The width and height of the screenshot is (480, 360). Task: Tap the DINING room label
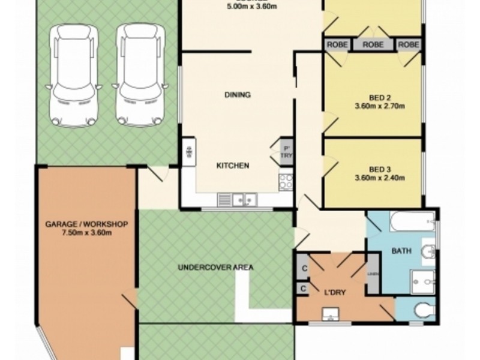tap(238, 95)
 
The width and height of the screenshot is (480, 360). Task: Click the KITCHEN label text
tap(233, 166)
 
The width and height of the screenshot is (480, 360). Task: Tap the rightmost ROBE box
tap(409, 45)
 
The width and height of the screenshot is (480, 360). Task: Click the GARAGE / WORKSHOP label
tap(86, 224)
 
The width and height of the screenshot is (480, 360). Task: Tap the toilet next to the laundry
tap(425, 309)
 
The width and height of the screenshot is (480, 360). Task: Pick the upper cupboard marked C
tap(304, 268)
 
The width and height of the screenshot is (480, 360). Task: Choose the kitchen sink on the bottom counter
tap(237, 199)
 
